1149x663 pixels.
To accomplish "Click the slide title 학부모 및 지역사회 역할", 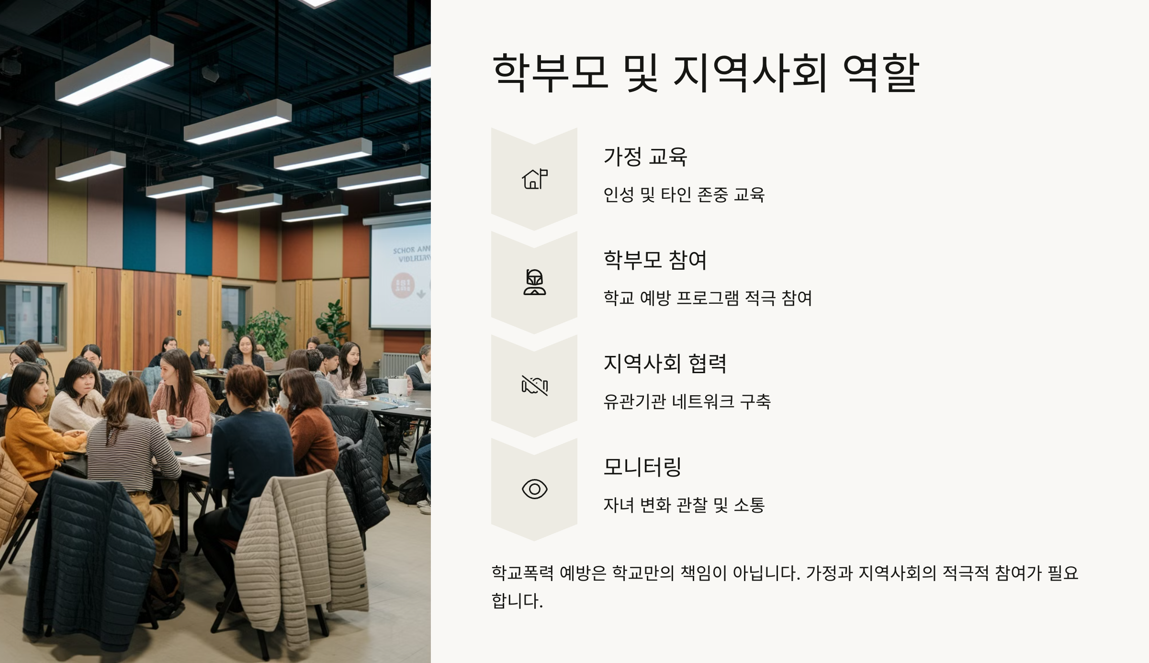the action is (705, 73).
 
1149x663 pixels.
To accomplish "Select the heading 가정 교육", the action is (645, 157).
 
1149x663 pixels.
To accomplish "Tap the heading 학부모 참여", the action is (655, 260).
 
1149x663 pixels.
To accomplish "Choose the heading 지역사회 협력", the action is (665, 364).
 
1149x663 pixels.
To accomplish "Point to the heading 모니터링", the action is (642, 467).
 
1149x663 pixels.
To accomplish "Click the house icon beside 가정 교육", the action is (535, 179).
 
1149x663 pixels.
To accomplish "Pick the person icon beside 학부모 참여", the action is (535, 282).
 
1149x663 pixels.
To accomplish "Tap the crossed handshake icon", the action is (535, 386).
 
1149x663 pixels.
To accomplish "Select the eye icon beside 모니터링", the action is (535, 489).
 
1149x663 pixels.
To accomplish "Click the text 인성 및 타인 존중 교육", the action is (684, 195).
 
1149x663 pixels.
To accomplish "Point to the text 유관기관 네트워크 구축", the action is (687, 402).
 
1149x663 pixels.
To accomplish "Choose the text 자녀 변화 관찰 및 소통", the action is (684, 505).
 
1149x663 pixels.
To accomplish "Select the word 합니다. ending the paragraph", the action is (518, 601).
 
